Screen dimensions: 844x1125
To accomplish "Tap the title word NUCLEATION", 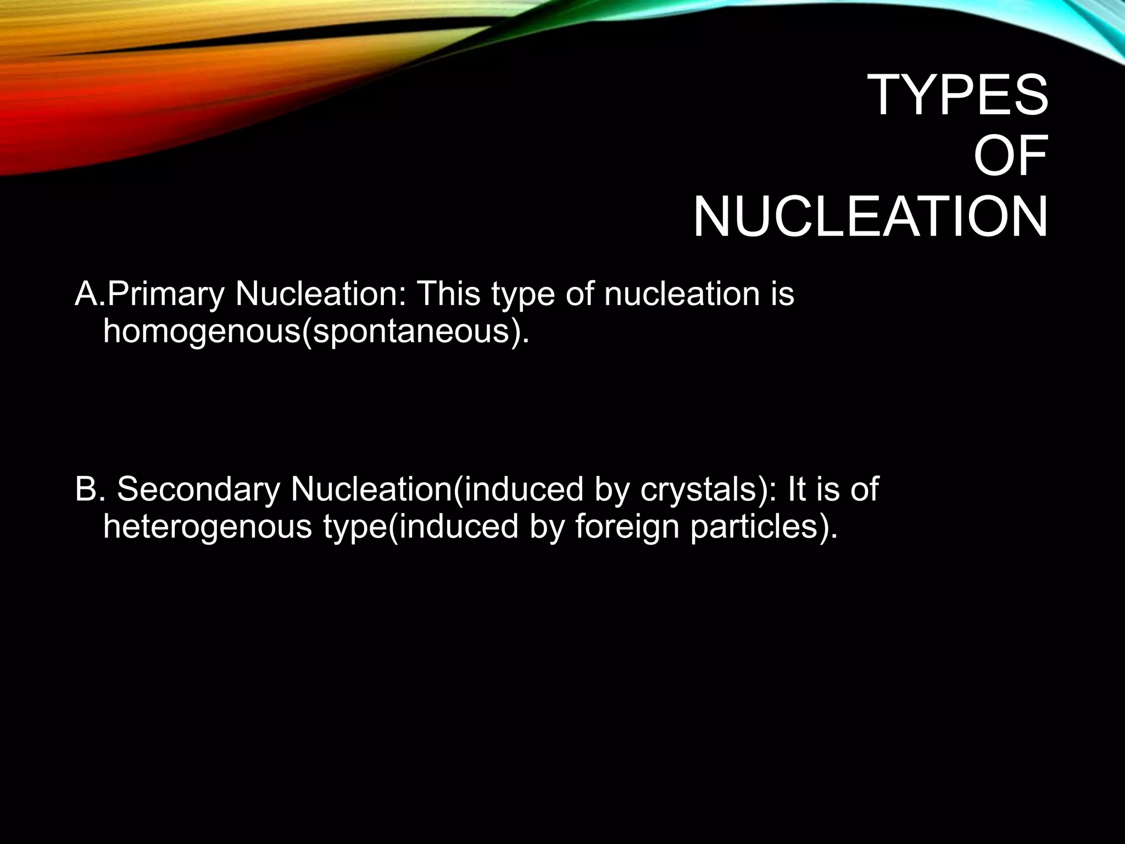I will pyautogui.click(x=870, y=218).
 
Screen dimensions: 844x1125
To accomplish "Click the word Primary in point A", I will pyautogui.click(x=165, y=294).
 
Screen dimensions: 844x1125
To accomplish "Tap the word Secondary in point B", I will pyautogui.click(x=198, y=488).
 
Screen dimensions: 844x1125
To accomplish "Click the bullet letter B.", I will pyautogui.click(x=86, y=488).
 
